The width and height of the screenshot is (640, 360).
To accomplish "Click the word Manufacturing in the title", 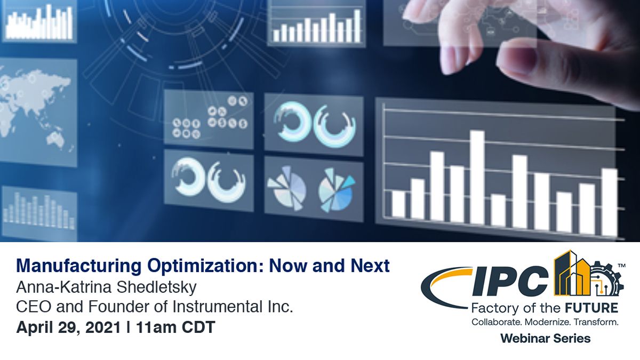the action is point(79,266).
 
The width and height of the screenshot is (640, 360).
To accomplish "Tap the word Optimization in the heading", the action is point(205,266).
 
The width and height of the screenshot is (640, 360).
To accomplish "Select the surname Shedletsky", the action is point(157,287).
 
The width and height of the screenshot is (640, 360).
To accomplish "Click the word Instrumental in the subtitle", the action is point(218,307).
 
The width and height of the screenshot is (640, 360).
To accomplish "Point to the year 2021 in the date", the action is point(103,327).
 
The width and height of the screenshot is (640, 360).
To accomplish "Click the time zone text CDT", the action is point(198,327).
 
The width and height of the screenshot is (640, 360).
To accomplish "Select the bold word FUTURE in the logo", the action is point(591,308).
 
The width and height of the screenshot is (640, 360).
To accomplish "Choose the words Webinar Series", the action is point(546,339).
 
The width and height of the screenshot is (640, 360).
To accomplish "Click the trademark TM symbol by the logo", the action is point(622,266).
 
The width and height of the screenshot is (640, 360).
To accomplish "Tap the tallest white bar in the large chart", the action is point(477,178).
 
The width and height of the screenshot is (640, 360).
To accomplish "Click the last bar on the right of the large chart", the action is point(610,202).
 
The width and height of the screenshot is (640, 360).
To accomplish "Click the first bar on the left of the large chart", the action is point(398,204).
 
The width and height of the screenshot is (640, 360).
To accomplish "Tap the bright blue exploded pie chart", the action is point(337,190).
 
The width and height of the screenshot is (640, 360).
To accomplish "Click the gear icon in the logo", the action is point(605,278).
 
